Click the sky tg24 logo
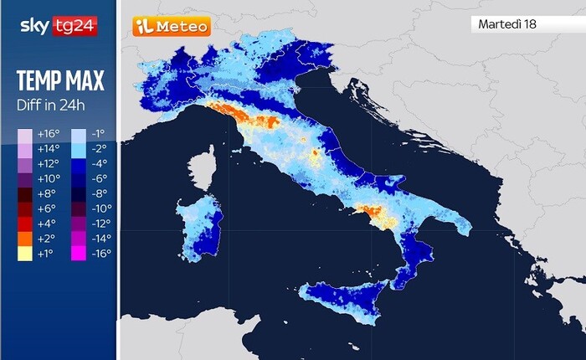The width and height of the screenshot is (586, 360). (x=58, y=26)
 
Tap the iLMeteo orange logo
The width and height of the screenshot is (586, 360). (x=171, y=26)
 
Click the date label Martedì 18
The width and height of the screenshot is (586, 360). (x=507, y=24)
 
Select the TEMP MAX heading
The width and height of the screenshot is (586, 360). (x=59, y=81)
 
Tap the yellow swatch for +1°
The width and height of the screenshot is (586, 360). (x=25, y=254)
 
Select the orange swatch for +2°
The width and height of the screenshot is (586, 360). (x=25, y=239)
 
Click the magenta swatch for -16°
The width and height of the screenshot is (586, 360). (x=78, y=254)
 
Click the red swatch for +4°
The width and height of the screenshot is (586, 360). (x=25, y=224)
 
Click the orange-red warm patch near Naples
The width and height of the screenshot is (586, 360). (x=373, y=213)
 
